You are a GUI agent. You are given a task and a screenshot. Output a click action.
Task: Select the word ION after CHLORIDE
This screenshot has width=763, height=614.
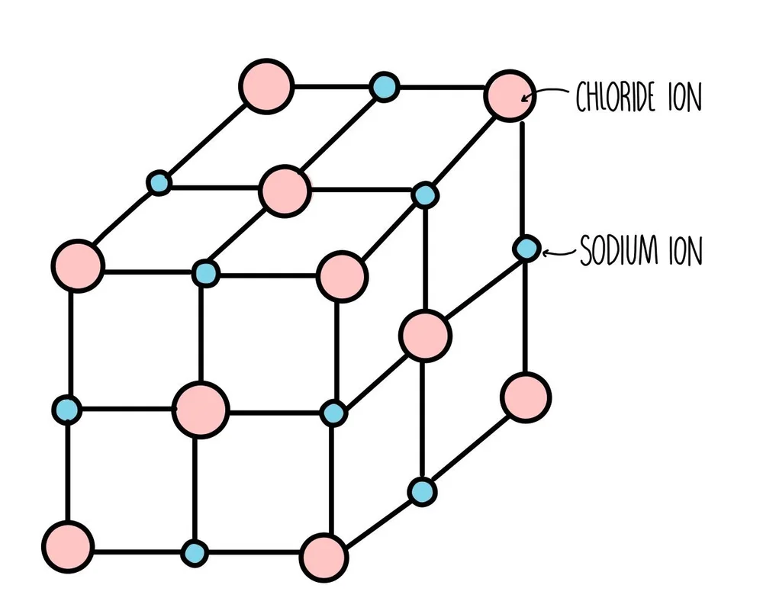pos(684,98)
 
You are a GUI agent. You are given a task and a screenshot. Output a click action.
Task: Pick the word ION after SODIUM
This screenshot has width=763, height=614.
pos(684,252)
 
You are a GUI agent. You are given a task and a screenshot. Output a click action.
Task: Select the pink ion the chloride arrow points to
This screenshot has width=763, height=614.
pos(509,95)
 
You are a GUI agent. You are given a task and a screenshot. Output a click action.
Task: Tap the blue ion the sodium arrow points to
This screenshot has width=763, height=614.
pos(526,249)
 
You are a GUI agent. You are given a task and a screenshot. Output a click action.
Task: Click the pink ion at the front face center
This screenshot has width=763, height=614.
pos(201,410)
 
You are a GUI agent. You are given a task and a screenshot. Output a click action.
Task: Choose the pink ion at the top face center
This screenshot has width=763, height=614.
pos(284,191)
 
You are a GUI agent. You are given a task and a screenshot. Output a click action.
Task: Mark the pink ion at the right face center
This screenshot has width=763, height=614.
pos(425,335)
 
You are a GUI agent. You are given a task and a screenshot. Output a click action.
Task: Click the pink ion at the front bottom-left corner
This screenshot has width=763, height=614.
pos(68,546)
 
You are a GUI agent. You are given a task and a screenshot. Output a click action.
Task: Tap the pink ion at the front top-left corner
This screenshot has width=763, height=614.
pos(78,265)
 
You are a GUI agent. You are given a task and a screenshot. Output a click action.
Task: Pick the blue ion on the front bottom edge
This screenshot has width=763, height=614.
pos(195,551)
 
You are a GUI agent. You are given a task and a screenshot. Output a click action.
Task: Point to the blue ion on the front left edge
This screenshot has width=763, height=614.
pos(67,410)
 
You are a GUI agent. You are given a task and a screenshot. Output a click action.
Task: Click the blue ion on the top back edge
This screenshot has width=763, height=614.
pos(385,87)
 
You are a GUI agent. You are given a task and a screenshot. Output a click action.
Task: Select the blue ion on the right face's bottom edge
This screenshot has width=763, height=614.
pos(421,490)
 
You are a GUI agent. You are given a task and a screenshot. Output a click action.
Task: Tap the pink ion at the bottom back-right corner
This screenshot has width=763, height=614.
pos(526,397)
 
